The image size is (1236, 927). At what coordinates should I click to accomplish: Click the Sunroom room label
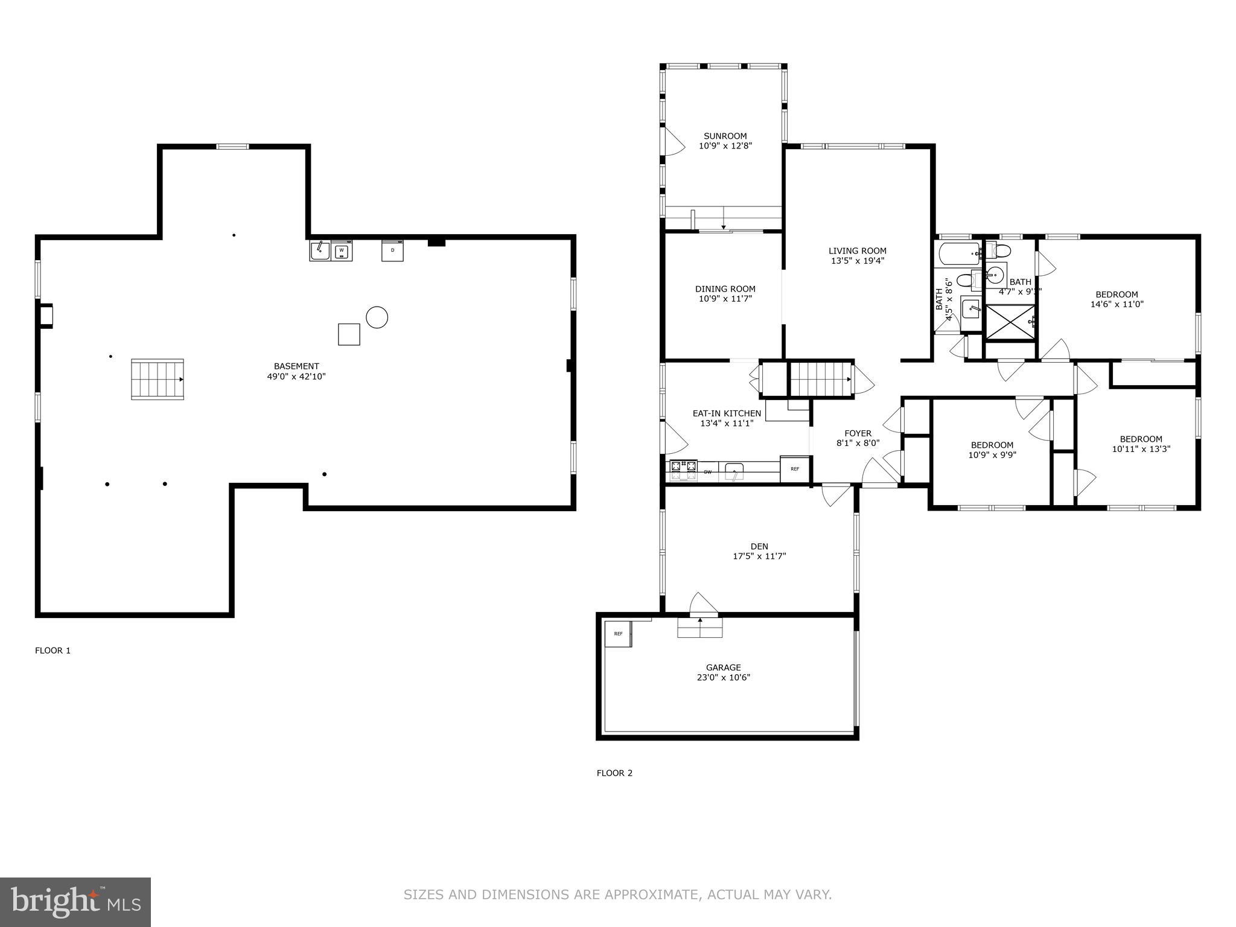click(725, 136)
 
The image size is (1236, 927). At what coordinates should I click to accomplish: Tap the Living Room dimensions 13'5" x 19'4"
click(857, 261)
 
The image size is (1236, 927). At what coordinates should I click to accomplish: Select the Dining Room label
click(725, 289)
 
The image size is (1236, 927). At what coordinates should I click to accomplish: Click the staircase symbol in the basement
click(158, 379)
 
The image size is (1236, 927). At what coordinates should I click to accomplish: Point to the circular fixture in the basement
click(377, 317)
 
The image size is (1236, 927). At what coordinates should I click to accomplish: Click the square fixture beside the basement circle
click(349, 334)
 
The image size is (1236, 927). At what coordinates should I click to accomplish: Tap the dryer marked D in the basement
click(392, 250)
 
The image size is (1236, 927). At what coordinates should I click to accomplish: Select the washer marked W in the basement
click(342, 250)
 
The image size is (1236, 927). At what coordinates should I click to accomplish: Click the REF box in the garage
click(618, 634)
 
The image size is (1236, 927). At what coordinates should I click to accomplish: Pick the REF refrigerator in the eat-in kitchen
click(794, 469)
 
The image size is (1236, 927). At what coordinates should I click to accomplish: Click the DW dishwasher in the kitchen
click(707, 472)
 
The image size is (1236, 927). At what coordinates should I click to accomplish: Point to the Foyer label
click(858, 433)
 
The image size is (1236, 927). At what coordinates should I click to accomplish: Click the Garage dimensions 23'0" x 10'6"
click(723, 677)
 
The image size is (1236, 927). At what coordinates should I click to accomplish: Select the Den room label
click(759, 546)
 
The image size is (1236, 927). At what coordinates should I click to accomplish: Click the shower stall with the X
click(1010, 323)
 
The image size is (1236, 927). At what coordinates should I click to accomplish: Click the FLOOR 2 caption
click(614, 772)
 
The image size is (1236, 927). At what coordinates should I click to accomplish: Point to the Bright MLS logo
click(75, 902)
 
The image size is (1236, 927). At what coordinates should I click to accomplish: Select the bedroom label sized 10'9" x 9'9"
click(992, 445)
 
